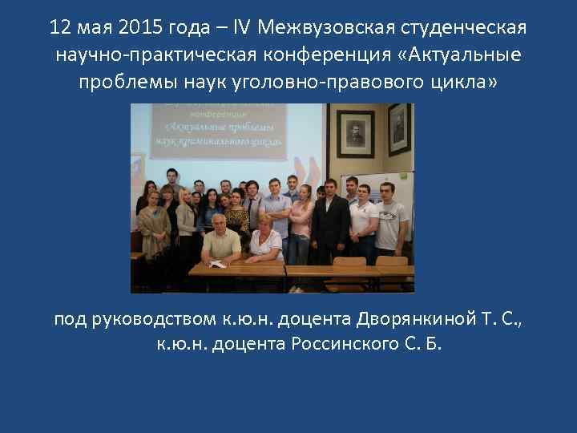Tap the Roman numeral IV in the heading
pos(243,28)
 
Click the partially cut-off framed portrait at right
pos(398,128)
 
